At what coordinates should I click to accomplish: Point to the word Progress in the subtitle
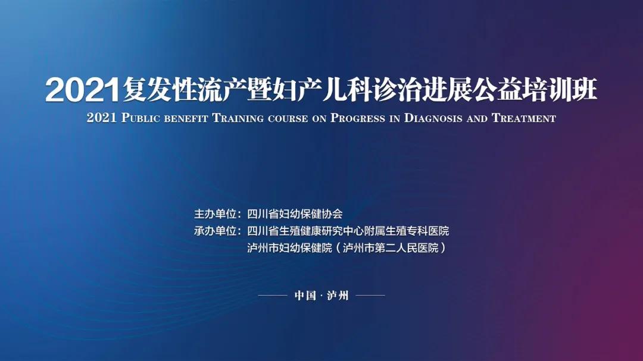pos(358,118)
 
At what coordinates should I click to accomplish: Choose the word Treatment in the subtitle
pos(524,118)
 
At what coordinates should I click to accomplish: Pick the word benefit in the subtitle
pos(186,118)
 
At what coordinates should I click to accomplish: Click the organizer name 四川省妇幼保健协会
pos(295,214)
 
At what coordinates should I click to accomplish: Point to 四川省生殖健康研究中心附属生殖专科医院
pos(348,231)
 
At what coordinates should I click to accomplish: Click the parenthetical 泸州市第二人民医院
pos(391,248)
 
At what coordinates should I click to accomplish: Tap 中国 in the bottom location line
pos(305,296)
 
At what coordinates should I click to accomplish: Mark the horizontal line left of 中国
pos(273,295)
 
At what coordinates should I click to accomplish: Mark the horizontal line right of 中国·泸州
pos(370,295)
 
